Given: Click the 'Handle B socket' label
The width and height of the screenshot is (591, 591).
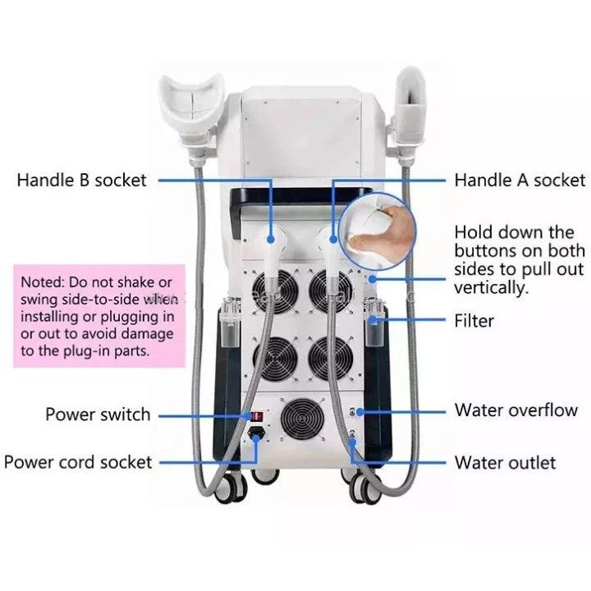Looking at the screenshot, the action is pyautogui.click(x=81, y=180).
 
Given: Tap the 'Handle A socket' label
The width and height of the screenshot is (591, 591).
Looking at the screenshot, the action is pyautogui.click(x=520, y=180).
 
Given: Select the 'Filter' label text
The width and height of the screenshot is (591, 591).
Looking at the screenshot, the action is pyautogui.click(x=474, y=321).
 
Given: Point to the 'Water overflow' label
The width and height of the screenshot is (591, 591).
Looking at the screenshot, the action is pyautogui.click(x=516, y=410).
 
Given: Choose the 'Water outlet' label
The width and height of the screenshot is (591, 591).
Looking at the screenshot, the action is pyautogui.click(x=505, y=463).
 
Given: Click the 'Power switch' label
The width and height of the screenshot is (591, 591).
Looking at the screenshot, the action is pyautogui.click(x=98, y=415).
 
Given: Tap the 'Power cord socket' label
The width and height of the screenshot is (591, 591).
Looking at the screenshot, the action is pyautogui.click(x=78, y=462).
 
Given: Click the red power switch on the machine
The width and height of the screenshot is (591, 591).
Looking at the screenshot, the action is pyautogui.click(x=257, y=416).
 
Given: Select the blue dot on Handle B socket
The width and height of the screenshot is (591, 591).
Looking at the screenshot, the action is pyautogui.click(x=270, y=240).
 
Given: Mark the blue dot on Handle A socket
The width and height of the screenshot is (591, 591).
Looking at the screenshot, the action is pyautogui.click(x=333, y=239).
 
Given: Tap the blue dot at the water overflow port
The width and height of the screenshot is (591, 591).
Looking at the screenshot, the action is pyautogui.click(x=360, y=412).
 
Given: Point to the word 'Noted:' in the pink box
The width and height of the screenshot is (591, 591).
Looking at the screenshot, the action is pyautogui.click(x=43, y=282).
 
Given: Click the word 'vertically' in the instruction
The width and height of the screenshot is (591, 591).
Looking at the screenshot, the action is pyautogui.click(x=489, y=287).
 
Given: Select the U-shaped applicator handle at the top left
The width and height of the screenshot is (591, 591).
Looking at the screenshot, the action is pyautogui.click(x=191, y=109).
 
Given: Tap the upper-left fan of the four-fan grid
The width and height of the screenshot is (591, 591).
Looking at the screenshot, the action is pyautogui.click(x=276, y=291).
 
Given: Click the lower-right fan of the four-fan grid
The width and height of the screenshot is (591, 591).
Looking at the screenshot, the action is pyautogui.click(x=331, y=359).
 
